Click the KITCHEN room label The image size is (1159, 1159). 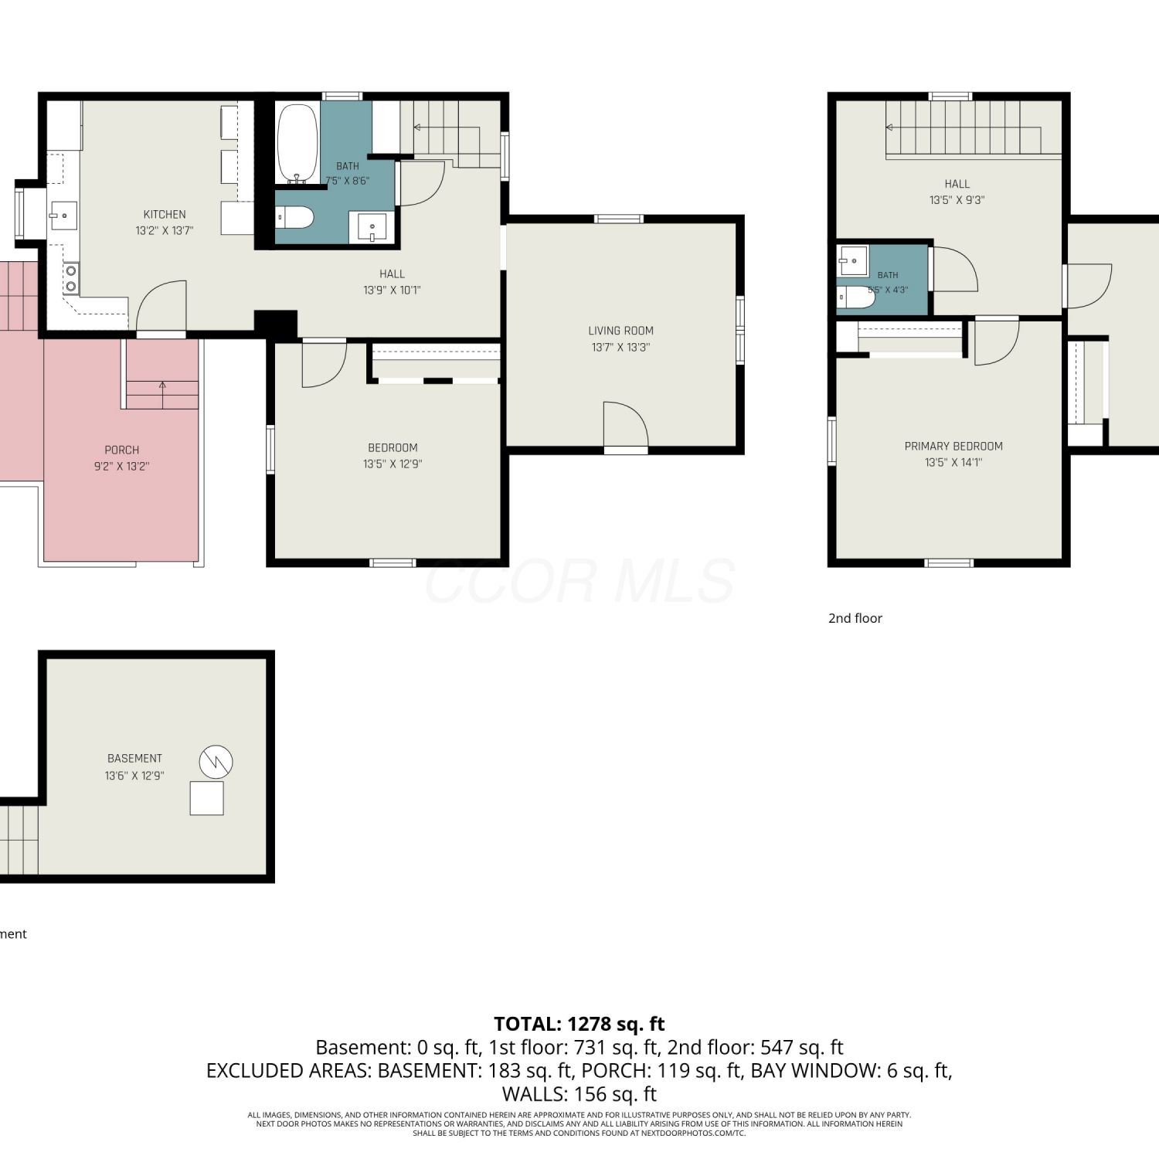(165, 214)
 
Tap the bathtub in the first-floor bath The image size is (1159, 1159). (297, 142)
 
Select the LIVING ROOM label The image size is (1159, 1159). (620, 331)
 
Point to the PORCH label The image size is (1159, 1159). (122, 450)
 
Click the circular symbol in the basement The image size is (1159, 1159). (216, 762)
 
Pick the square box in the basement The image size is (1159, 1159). (207, 798)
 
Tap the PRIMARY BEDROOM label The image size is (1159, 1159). (953, 446)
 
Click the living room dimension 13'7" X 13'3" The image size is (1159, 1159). (620, 347)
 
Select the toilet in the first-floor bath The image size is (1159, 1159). (295, 217)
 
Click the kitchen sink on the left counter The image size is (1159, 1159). (63, 216)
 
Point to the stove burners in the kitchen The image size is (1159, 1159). (71, 278)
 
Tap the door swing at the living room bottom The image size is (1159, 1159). (626, 424)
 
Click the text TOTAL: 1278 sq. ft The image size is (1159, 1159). (579, 1024)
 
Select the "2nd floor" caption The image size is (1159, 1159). (855, 618)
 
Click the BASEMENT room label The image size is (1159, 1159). (134, 759)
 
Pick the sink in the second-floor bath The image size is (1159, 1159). (853, 260)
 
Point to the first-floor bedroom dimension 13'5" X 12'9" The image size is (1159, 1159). (393, 464)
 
